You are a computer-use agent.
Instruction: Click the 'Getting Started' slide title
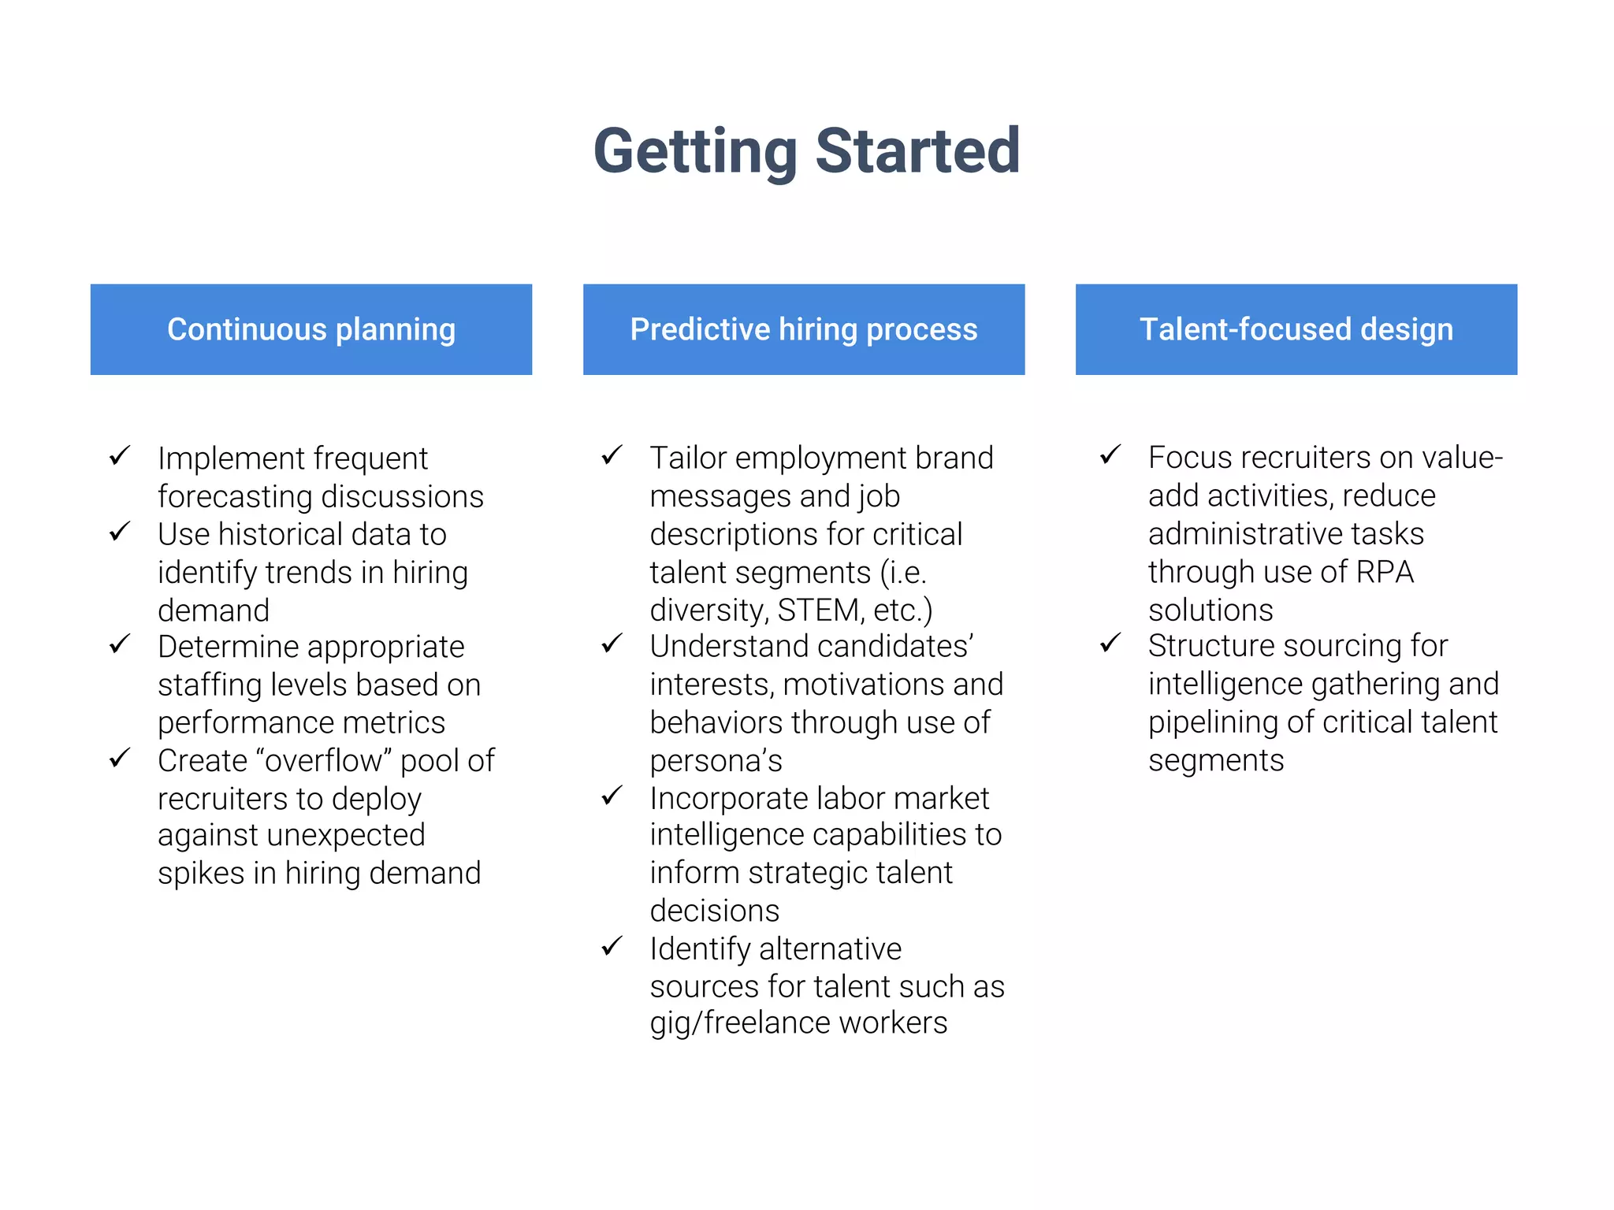coord(806,150)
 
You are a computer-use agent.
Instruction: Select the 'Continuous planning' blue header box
coord(311,329)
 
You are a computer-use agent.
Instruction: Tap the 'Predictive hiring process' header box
coord(804,329)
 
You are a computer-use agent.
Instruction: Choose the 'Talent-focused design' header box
coord(1296,329)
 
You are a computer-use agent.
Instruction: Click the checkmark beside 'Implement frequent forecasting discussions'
coord(120,455)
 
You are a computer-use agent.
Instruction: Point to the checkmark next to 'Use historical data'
coord(120,532)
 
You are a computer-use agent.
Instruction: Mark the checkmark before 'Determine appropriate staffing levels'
coord(120,644)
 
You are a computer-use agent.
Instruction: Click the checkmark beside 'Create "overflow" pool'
coord(120,759)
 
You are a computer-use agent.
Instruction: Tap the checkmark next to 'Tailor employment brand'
coord(612,455)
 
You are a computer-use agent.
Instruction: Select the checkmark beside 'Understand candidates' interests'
coord(612,644)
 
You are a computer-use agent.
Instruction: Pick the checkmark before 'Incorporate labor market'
coord(612,796)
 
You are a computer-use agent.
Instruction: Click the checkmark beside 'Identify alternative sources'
coord(612,946)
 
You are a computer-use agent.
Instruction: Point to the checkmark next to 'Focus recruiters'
coord(1110,455)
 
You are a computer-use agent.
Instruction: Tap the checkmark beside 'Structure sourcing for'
coord(1110,644)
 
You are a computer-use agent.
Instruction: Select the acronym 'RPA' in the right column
coord(1385,572)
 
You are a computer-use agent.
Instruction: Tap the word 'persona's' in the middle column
coord(716,761)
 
